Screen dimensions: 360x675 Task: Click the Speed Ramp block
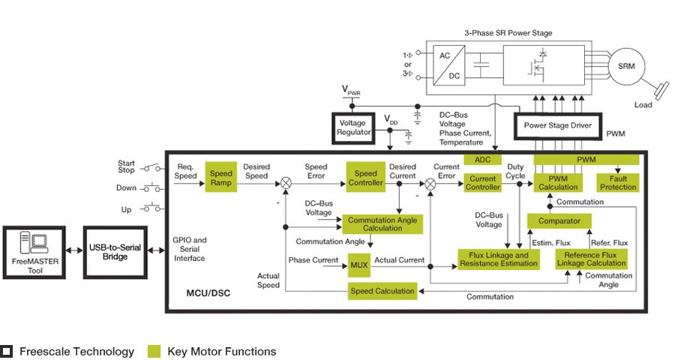[x=221, y=178]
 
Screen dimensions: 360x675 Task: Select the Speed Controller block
[x=367, y=178]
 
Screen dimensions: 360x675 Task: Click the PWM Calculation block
[x=558, y=182]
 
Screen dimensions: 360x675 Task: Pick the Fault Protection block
[x=618, y=182]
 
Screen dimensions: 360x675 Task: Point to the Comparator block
[x=559, y=221]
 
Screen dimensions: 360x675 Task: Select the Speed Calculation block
[x=382, y=291]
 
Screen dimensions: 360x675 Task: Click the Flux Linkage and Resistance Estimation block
[x=499, y=259]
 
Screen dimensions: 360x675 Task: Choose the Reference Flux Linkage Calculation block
[x=591, y=259]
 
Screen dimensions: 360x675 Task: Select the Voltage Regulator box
[x=354, y=127]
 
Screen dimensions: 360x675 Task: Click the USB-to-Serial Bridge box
[x=115, y=251]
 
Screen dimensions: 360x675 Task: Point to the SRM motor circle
[x=626, y=66]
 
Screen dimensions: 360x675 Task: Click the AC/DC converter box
[x=450, y=66]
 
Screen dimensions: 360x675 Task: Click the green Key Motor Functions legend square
[x=154, y=351]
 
